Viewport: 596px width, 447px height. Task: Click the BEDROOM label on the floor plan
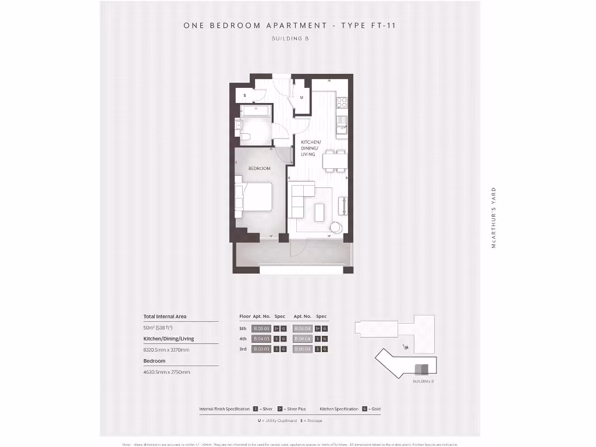click(x=260, y=169)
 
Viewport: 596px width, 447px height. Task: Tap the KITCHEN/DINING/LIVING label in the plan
click(x=308, y=148)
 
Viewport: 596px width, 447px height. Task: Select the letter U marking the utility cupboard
click(x=301, y=97)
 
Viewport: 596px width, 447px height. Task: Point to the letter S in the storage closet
click(x=244, y=95)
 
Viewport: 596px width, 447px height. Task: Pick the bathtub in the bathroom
click(x=254, y=110)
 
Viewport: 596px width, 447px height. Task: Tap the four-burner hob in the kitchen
click(x=342, y=101)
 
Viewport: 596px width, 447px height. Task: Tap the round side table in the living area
click(x=336, y=228)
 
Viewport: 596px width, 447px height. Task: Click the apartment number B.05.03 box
click(x=261, y=328)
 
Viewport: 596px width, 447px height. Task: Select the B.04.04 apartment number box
click(x=303, y=339)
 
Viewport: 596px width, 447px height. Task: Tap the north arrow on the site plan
click(x=405, y=347)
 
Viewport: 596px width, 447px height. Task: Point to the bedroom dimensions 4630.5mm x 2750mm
click(x=166, y=372)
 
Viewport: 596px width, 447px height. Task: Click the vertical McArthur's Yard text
click(x=494, y=218)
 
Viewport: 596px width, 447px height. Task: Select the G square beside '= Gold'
click(x=364, y=409)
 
